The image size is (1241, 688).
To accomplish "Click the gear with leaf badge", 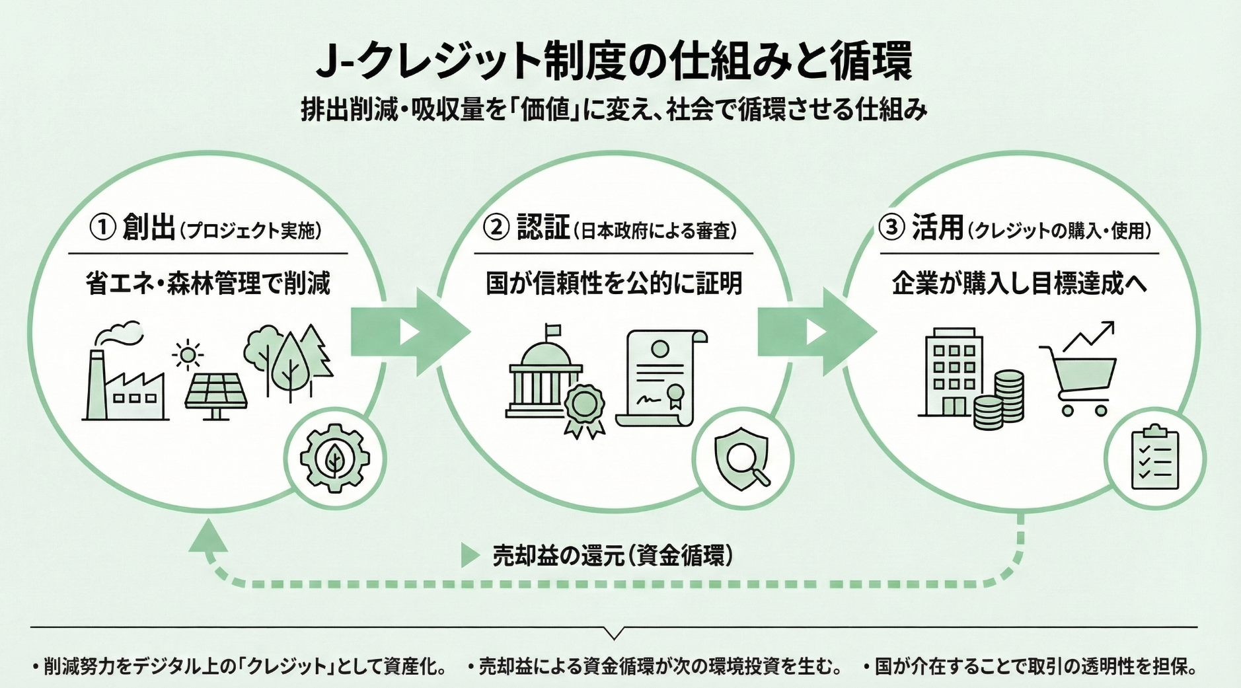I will [x=334, y=458].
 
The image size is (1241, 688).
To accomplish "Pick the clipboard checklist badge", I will [x=1154, y=457].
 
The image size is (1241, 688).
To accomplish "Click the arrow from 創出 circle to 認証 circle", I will [x=410, y=331].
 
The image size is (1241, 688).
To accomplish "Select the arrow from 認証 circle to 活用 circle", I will [x=817, y=331].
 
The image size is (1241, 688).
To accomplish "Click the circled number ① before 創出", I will [x=102, y=228].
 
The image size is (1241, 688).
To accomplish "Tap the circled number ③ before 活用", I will [x=891, y=228].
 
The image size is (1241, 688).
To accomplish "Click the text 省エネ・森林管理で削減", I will [x=208, y=284].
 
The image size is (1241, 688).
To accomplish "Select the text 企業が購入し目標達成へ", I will [x=1020, y=284].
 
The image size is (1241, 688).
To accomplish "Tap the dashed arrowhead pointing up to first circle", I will [x=209, y=537].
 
